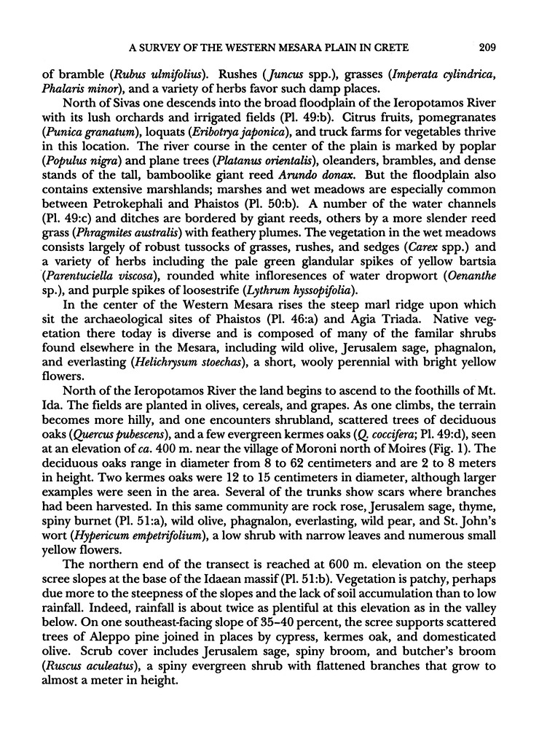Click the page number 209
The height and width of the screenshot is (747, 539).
point(487,48)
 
